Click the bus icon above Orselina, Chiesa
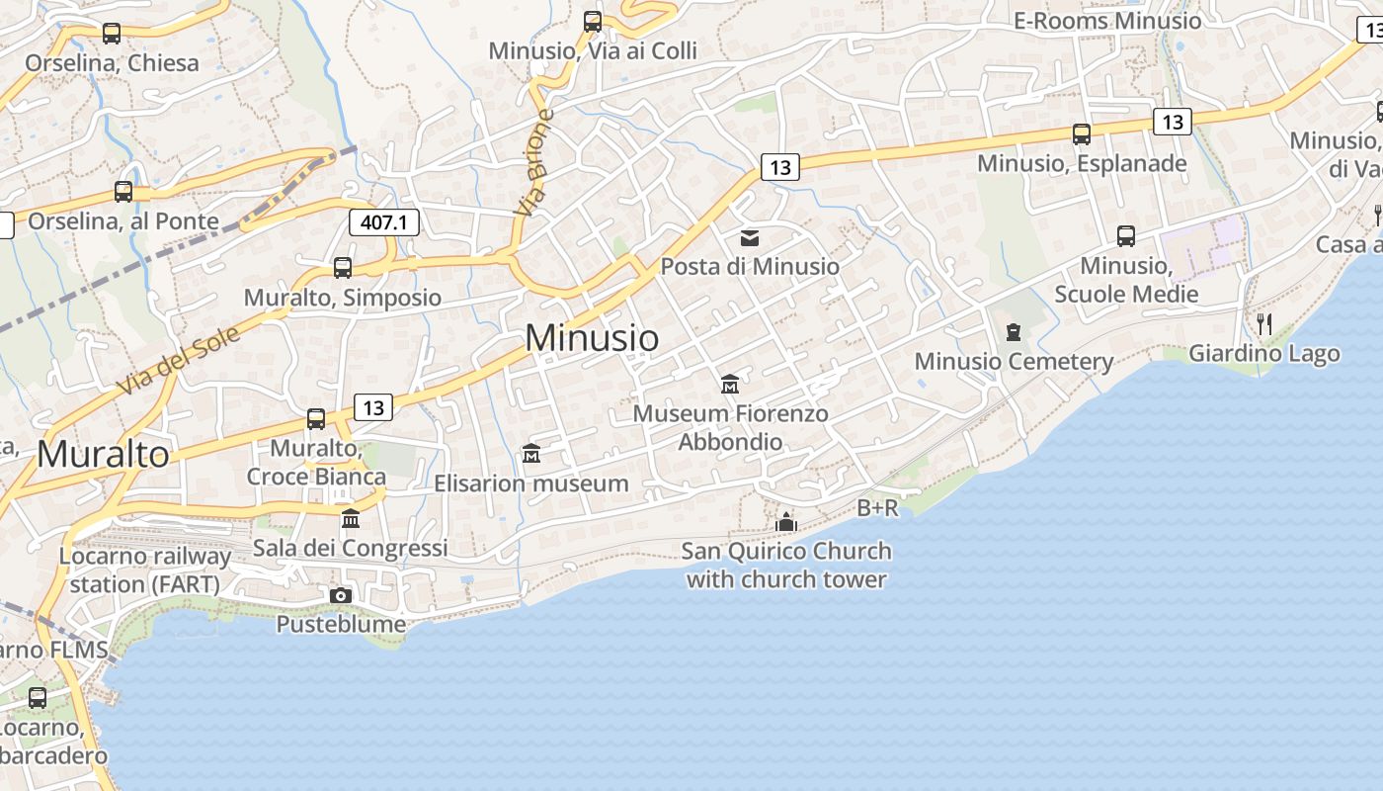(112, 33)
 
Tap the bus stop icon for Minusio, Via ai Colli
(593, 21)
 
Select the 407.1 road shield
(384, 221)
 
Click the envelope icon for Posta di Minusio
(750, 237)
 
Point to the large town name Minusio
(592, 338)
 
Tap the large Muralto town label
(103, 454)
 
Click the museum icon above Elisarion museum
(531, 454)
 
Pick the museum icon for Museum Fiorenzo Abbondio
(730, 384)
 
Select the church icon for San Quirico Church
(786, 521)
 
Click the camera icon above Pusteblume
(341, 595)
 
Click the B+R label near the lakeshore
(877, 508)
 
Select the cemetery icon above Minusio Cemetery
(1013, 332)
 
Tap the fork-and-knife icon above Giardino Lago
(1263, 323)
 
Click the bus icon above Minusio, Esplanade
(1082, 133)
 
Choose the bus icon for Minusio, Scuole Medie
(1126, 235)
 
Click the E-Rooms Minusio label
(1107, 21)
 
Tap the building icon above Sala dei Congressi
(351, 518)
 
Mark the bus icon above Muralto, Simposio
(343, 268)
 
